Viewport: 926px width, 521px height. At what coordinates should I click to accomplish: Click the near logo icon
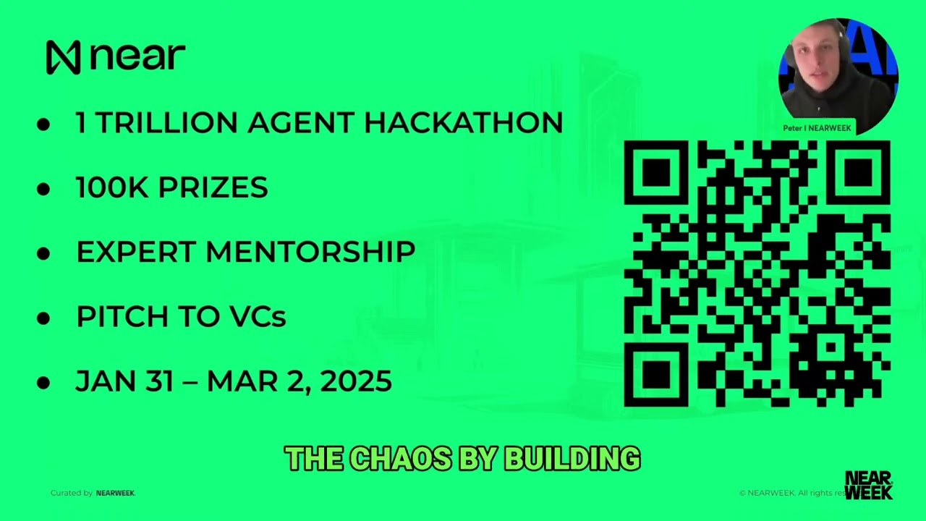tap(63, 57)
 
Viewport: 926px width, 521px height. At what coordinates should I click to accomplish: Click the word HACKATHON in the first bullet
tap(463, 123)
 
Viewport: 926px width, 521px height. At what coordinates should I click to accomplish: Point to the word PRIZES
tap(213, 188)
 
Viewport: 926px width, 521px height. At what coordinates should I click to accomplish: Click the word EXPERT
tap(136, 253)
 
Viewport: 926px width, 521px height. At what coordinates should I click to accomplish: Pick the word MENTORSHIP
tap(310, 253)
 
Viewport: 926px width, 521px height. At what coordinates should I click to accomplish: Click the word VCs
tap(258, 317)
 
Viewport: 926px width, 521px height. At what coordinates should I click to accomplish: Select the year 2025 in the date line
tap(355, 381)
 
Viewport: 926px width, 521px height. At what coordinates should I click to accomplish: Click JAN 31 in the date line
tap(124, 381)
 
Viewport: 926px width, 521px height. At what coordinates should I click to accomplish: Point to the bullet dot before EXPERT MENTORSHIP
tap(43, 253)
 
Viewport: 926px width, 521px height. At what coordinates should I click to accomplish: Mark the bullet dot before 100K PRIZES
tap(43, 189)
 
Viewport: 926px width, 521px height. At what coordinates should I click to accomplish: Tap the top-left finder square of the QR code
tap(656, 173)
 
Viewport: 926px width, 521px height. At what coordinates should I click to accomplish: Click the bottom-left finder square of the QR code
tap(656, 375)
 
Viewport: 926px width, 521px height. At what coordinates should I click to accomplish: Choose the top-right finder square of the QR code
tap(858, 173)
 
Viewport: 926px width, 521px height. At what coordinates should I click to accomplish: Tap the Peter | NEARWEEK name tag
tap(817, 128)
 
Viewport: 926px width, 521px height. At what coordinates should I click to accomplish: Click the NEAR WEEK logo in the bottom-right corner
tap(868, 485)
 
